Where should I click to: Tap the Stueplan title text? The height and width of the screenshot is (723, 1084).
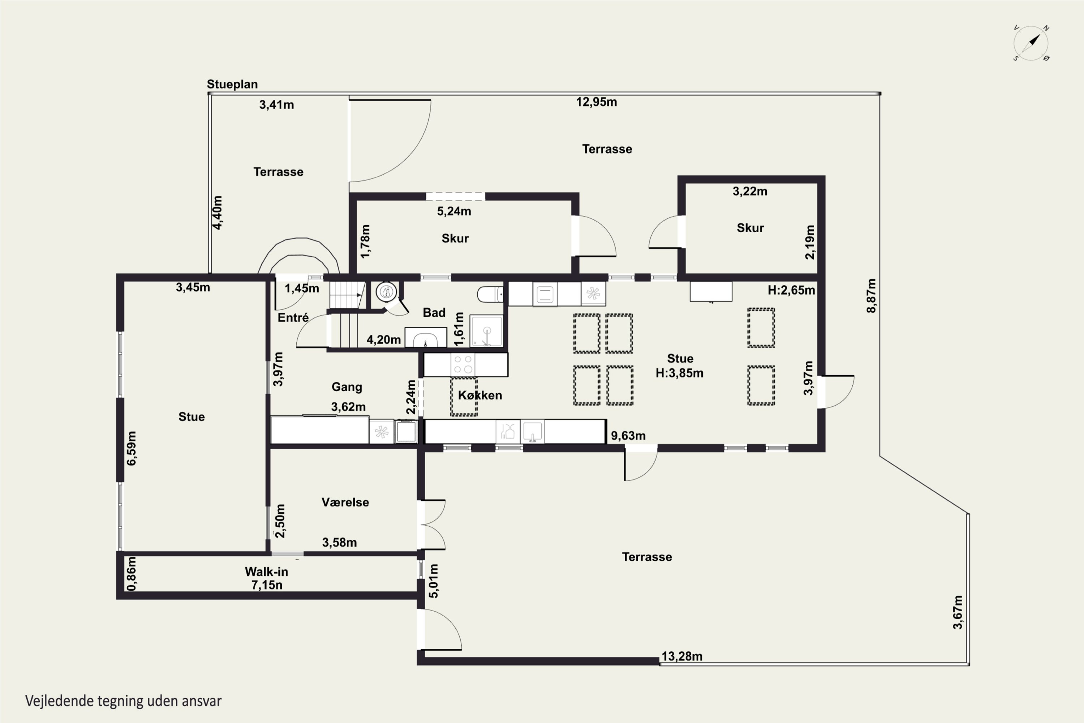(232, 84)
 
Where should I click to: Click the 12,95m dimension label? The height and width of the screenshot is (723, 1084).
(597, 102)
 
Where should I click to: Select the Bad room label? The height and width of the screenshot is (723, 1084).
(434, 313)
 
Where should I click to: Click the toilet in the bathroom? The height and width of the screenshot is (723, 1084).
(490, 294)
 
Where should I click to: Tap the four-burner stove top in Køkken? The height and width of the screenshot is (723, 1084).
(463, 364)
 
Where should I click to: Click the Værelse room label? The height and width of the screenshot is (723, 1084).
(345, 502)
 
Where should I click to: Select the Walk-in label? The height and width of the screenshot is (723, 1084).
(266, 572)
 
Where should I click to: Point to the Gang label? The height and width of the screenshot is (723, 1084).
(347, 387)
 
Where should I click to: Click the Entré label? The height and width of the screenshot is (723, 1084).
(293, 317)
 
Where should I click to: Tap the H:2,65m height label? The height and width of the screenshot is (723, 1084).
(791, 290)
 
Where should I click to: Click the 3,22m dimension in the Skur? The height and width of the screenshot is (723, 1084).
(750, 191)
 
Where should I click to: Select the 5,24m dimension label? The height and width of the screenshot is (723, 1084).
(454, 211)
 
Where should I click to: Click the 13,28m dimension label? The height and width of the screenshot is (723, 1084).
(682, 656)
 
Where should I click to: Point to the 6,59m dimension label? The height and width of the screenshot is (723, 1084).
(132, 448)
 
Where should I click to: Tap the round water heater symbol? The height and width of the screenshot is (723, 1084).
(386, 291)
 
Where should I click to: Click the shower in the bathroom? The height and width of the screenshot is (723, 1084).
(486, 331)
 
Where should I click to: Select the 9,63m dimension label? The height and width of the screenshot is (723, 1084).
(628, 436)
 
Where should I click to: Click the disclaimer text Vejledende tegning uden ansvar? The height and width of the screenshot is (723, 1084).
(123, 701)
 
